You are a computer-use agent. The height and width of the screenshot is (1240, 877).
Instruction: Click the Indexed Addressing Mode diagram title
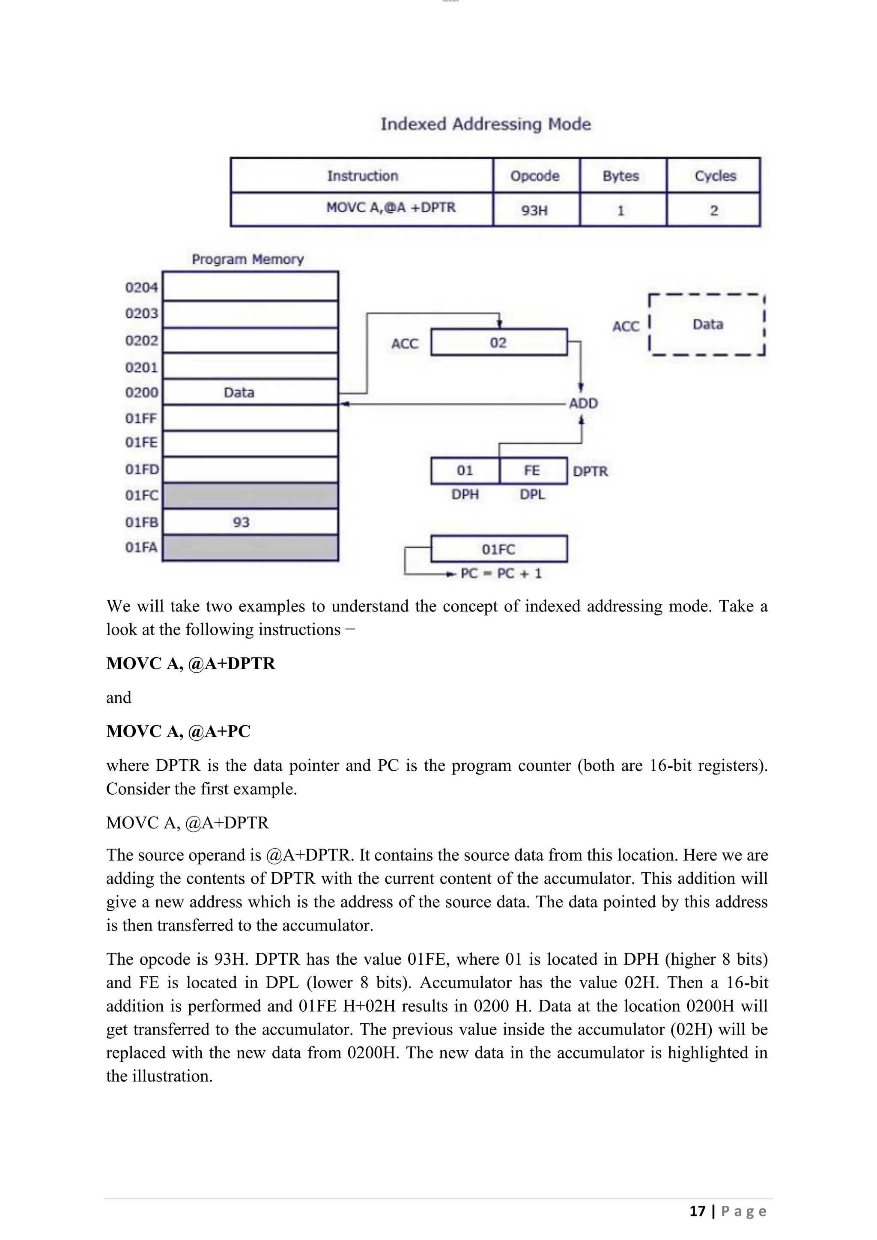click(x=486, y=124)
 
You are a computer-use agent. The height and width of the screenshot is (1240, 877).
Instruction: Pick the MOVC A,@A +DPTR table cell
click(x=391, y=208)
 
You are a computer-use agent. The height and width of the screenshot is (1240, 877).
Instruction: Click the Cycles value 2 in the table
click(x=714, y=211)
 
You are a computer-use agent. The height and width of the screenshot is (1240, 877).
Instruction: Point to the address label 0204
click(x=141, y=287)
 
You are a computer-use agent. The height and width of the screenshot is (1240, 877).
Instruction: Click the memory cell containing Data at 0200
click(x=250, y=393)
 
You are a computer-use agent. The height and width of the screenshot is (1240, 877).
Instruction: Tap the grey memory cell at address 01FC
click(x=250, y=496)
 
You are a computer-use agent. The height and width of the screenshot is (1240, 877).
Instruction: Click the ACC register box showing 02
click(x=498, y=343)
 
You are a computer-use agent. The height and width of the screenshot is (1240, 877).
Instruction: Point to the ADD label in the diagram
click(x=583, y=403)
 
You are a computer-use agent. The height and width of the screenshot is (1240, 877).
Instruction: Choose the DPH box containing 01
click(x=465, y=471)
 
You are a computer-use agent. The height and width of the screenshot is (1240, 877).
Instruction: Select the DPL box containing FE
click(x=532, y=471)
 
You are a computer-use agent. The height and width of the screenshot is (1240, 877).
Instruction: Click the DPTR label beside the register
click(x=590, y=471)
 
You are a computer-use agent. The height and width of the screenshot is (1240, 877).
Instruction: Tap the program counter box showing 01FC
click(x=498, y=549)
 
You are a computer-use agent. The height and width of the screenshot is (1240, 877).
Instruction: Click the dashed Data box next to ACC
click(x=707, y=325)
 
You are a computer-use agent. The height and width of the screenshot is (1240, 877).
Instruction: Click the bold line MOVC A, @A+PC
click(x=178, y=731)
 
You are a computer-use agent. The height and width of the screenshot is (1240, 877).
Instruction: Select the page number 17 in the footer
click(x=697, y=1211)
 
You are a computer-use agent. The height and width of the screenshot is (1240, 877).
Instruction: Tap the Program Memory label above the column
click(x=248, y=259)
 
